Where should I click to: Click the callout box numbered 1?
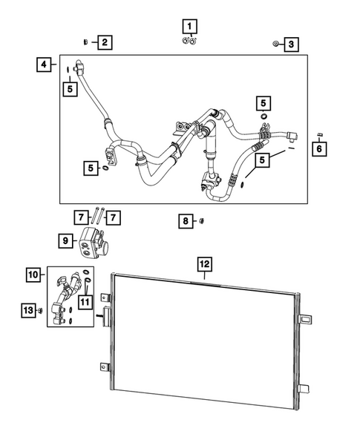pyautogui.click(x=191, y=27)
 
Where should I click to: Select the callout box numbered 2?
pyautogui.click(x=105, y=42)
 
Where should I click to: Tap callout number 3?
pyautogui.click(x=292, y=45)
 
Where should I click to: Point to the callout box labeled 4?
pyautogui.click(x=45, y=65)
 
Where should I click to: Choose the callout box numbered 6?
pyautogui.click(x=319, y=149)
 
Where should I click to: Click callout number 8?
pyautogui.click(x=187, y=220)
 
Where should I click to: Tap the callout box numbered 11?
pyautogui.click(x=86, y=301)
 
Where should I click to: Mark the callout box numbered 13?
pyautogui.click(x=28, y=309)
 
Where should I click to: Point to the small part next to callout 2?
pyautogui.click(x=86, y=42)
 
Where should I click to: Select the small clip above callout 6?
pyautogui.click(x=318, y=134)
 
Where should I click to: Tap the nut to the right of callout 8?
pyautogui.click(x=204, y=220)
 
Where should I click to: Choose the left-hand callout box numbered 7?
pyautogui.click(x=80, y=217)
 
